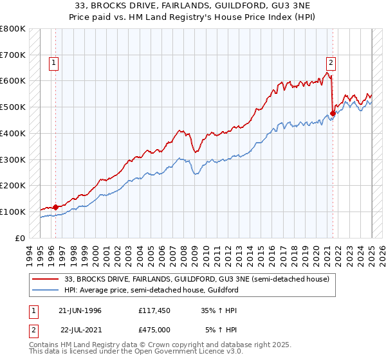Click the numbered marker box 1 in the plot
coord(52,63)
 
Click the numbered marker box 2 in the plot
coord(330,63)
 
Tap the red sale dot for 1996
coord(55,207)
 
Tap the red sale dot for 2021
coord(333,114)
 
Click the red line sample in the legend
coord(46,279)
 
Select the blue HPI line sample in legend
coord(46,291)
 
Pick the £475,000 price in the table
coord(154,330)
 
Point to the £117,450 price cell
coord(154,310)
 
